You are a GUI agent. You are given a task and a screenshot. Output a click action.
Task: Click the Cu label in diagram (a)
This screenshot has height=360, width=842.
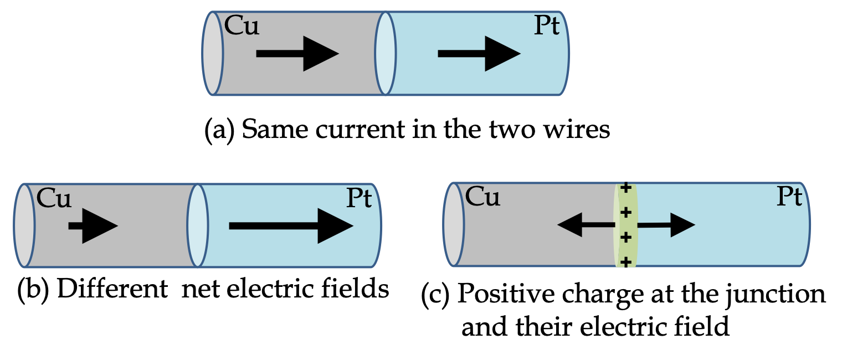pyautogui.click(x=242, y=25)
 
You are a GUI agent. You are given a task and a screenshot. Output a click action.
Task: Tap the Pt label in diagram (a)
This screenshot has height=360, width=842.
pyautogui.click(x=547, y=25)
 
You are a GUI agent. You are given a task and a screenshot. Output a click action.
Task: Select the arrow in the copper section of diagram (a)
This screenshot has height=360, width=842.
pyautogui.click(x=297, y=54)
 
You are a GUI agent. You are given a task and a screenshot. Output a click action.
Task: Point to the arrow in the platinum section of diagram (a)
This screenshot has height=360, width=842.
pyautogui.click(x=479, y=54)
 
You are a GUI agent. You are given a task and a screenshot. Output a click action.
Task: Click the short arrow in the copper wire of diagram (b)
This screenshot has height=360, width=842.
pyautogui.click(x=93, y=226)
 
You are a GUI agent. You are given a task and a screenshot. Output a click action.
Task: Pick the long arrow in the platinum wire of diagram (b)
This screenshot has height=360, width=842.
pyautogui.click(x=291, y=226)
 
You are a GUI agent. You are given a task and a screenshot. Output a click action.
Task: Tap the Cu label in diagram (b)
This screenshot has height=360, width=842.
pyautogui.click(x=53, y=198)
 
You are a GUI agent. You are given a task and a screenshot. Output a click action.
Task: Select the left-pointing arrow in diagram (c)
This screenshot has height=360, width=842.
pyautogui.click(x=586, y=225)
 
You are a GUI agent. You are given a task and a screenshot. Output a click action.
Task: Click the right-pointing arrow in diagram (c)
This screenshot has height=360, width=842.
pyautogui.click(x=666, y=225)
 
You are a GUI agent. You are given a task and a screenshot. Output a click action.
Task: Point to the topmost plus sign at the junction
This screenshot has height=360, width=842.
pyautogui.click(x=625, y=188)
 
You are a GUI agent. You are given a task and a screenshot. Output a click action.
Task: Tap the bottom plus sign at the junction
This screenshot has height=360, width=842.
pyautogui.click(x=625, y=261)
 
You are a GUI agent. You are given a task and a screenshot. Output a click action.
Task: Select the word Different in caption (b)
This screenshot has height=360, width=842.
pyautogui.click(x=112, y=289)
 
